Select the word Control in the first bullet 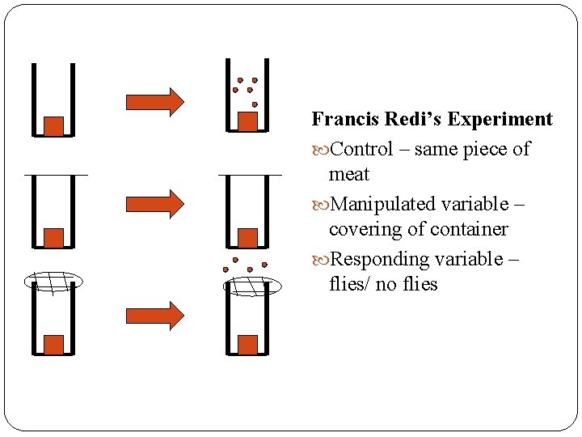362,149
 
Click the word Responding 380,259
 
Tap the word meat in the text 348,174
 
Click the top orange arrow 154,101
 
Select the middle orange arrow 154,203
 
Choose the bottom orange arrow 154,315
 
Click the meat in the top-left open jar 53,125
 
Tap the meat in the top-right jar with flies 248,121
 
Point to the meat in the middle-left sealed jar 53,237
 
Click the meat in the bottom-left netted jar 53,344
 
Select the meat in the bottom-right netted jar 248,344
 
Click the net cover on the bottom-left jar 53,280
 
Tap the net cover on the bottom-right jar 252,285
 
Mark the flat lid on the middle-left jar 55,176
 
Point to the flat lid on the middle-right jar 250,175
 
